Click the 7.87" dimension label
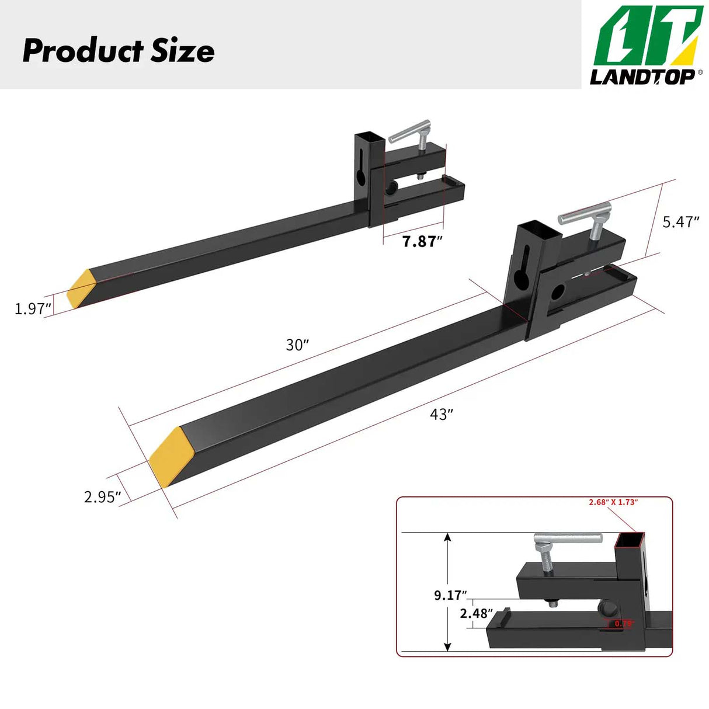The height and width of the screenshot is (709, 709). click(x=422, y=241)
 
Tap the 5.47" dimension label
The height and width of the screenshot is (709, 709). click(x=680, y=222)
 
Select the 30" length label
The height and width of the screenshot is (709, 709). click(x=297, y=345)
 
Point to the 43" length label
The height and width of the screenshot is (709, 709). click(x=442, y=415)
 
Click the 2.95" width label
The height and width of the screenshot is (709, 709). click(x=102, y=497)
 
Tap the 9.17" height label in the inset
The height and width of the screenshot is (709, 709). click(x=450, y=595)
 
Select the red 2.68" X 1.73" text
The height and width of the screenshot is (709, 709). click(x=613, y=502)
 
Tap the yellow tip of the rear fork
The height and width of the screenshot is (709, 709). click(x=81, y=289)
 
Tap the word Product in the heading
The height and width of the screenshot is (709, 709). click(x=82, y=51)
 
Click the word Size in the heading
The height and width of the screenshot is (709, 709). click(x=183, y=51)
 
